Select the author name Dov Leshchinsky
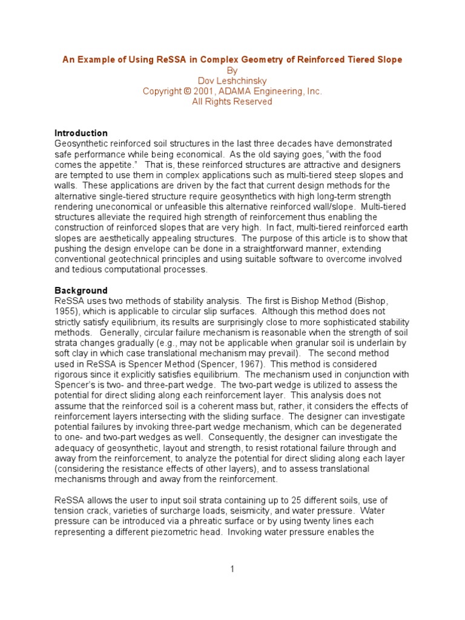pyautogui.click(x=232, y=81)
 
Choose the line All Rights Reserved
pyautogui.click(x=232, y=102)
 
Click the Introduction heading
pyautogui.click(x=81, y=133)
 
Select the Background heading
pyautogui.click(x=81, y=291)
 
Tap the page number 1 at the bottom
pyautogui.click(x=232, y=569)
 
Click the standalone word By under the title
pyautogui.click(x=232, y=70)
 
